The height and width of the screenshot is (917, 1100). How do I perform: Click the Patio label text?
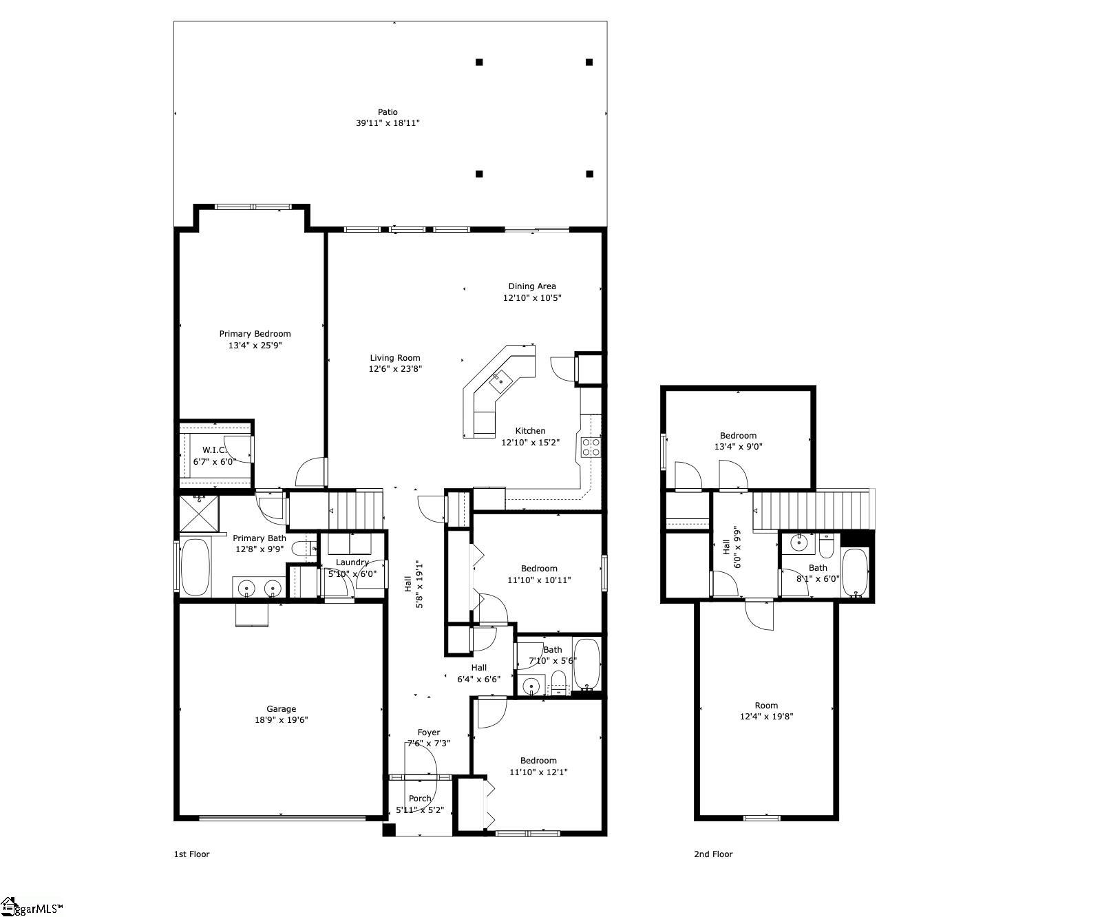pyautogui.click(x=388, y=112)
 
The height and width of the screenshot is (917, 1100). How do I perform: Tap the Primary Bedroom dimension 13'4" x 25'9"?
pyautogui.click(x=255, y=346)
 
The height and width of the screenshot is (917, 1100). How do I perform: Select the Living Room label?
pyautogui.click(x=395, y=358)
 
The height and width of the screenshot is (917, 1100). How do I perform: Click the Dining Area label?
pyautogui.click(x=532, y=286)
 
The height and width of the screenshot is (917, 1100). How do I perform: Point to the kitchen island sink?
pyautogui.click(x=500, y=379)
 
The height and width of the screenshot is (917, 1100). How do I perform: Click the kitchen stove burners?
pyautogui.click(x=591, y=447)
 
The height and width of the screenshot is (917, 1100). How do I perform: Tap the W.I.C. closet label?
pyautogui.click(x=214, y=450)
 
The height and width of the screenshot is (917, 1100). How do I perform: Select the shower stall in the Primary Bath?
pyautogui.click(x=198, y=514)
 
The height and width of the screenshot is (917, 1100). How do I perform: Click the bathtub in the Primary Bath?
pyautogui.click(x=195, y=567)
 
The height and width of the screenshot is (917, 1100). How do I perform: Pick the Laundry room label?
pyautogui.click(x=352, y=562)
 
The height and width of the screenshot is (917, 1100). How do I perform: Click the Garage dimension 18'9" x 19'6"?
pyautogui.click(x=282, y=720)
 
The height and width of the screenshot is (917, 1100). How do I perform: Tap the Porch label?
pyautogui.click(x=420, y=799)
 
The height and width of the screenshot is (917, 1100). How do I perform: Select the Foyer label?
pyautogui.click(x=429, y=732)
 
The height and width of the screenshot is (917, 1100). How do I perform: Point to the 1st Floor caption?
pyautogui.click(x=191, y=854)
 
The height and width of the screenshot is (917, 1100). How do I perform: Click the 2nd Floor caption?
pyautogui.click(x=713, y=854)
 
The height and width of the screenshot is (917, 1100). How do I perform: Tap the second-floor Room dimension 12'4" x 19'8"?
pyautogui.click(x=766, y=717)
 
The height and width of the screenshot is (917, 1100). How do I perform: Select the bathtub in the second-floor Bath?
pyautogui.click(x=856, y=572)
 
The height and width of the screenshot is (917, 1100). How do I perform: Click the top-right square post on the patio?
pyautogui.click(x=589, y=62)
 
